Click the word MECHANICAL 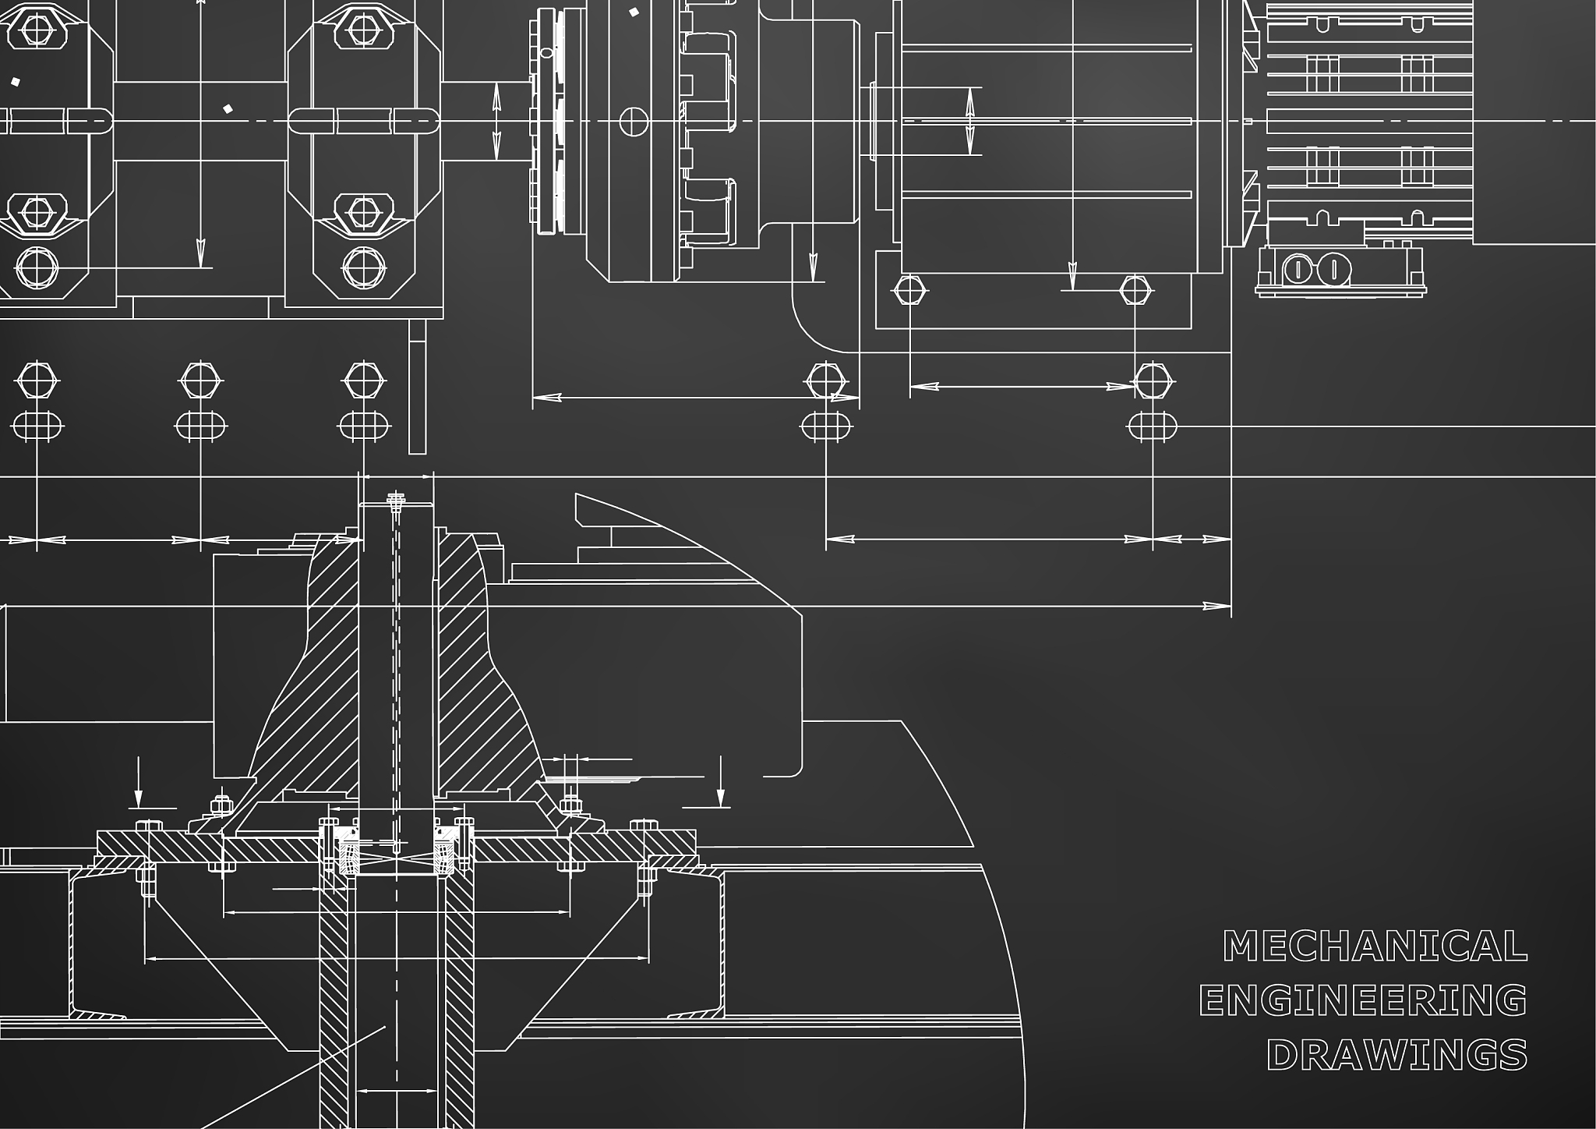[x=1375, y=947]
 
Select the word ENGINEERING [x=1363, y=1000]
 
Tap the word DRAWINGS [x=1397, y=1055]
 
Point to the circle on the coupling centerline [x=634, y=121]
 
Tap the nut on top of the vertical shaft [x=397, y=497]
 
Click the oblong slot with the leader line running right [x=1153, y=426]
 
